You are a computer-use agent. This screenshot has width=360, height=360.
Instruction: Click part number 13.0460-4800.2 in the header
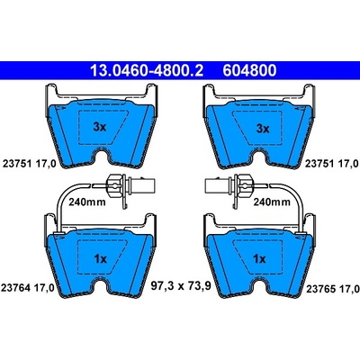click(147, 71)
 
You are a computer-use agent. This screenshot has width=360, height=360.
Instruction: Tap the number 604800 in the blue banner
click(249, 71)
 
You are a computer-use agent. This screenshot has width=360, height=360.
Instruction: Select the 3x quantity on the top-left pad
click(100, 127)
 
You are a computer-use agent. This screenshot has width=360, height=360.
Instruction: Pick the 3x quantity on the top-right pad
click(263, 129)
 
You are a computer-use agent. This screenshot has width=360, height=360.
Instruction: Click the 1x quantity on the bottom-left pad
click(100, 258)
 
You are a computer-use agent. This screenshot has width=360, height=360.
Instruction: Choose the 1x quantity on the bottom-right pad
click(259, 258)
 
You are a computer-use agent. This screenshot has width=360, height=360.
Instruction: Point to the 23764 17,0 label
click(28, 289)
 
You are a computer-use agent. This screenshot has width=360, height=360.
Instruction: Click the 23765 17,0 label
click(333, 289)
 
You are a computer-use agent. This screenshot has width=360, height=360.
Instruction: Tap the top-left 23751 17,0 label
click(30, 164)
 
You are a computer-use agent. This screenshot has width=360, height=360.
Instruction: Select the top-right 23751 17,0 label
click(332, 164)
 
